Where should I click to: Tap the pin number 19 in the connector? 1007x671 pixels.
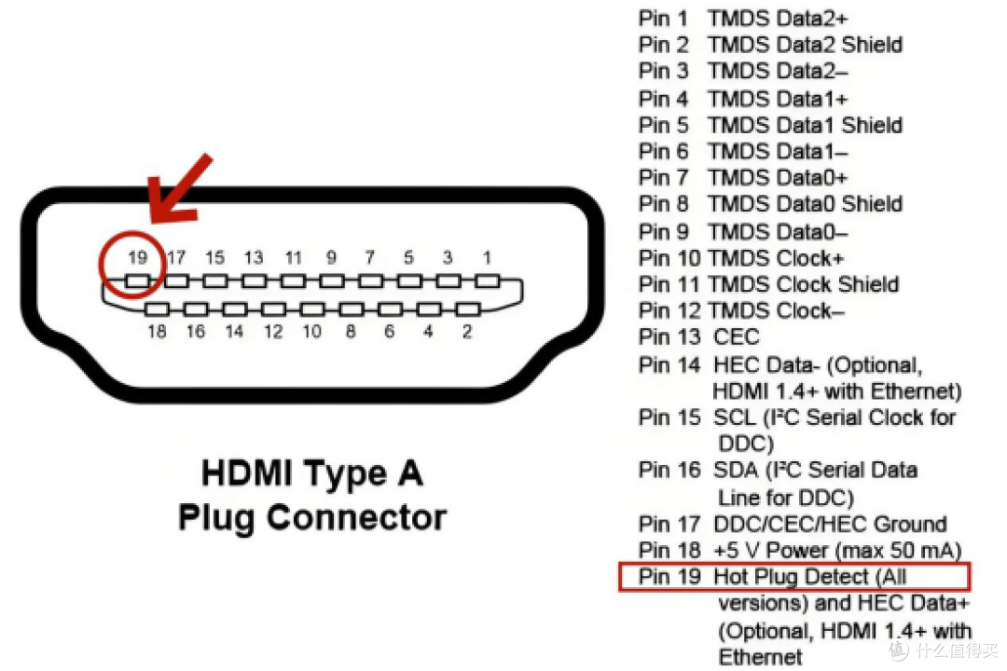pyautogui.click(x=137, y=257)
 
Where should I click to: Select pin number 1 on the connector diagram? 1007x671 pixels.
pyautogui.click(x=486, y=257)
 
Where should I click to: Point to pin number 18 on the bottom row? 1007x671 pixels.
pyautogui.click(x=157, y=331)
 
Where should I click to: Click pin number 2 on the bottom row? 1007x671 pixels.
pyautogui.click(x=467, y=331)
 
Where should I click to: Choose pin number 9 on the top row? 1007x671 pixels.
pyautogui.click(x=331, y=257)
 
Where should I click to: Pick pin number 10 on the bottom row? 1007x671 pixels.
pyautogui.click(x=311, y=331)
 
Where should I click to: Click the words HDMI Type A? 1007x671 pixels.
pyautogui.click(x=311, y=473)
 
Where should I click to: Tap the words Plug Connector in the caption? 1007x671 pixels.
pyautogui.click(x=311, y=516)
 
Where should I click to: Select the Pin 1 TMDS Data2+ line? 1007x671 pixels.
pyautogui.click(x=743, y=18)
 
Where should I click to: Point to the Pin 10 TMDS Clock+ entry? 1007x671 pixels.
pyautogui.click(x=740, y=258)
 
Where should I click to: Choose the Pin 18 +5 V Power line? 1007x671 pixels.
pyautogui.click(x=799, y=551)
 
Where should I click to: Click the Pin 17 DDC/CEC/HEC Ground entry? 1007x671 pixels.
pyautogui.click(x=793, y=524)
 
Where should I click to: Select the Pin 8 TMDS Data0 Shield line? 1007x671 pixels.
pyautogui.click(x=770, y=204)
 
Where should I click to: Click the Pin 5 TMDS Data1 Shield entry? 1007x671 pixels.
pyautogui.click(x=770, y=125)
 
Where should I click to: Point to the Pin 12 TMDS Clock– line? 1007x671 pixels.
pyautogui.click(x=742, y=311)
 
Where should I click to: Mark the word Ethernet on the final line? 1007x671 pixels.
pyautogui.click(x=761, y=657)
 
